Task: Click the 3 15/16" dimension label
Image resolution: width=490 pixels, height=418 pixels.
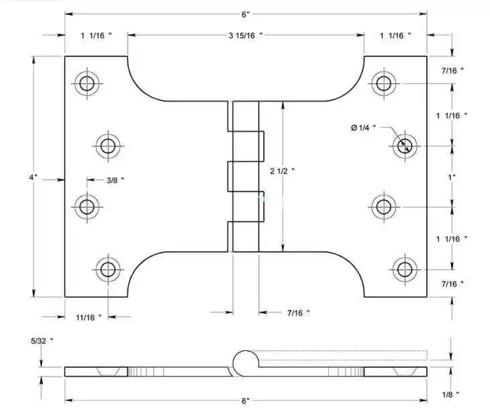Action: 246,36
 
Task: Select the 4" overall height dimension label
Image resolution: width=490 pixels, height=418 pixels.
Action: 34,177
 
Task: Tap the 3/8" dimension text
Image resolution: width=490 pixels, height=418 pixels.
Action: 115,180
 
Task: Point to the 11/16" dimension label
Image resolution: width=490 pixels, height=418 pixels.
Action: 89,318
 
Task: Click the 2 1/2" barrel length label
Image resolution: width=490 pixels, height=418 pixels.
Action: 283,171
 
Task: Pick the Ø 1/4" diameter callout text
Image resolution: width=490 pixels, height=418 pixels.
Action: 363,127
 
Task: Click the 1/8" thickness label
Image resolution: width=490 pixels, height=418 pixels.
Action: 450,395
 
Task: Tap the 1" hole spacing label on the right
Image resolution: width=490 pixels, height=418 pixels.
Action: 452,177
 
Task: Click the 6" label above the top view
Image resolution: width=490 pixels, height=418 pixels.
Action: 246,15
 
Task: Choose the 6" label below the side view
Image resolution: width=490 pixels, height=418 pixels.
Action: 246,401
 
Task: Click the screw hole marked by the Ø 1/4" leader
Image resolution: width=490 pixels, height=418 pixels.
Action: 405,146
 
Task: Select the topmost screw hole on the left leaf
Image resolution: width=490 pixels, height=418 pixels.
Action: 87,83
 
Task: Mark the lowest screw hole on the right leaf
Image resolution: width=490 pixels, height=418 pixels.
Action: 405,269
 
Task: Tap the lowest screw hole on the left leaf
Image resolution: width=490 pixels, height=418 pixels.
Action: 108,269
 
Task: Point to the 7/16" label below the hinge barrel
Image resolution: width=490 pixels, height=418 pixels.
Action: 299,313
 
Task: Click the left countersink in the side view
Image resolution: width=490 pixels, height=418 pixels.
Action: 108,372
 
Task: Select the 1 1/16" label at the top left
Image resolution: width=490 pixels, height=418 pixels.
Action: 96,36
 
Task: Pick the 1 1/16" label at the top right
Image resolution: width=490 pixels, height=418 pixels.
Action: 395,36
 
